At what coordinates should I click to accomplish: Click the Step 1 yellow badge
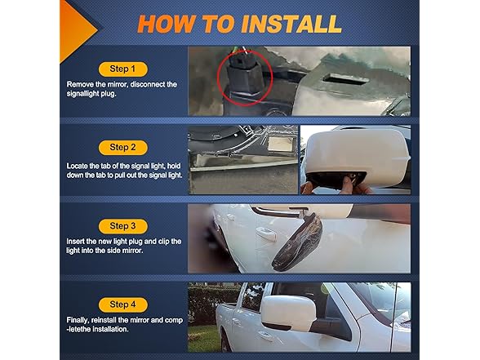(x=122, y=69)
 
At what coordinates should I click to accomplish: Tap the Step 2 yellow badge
(x=122, y=148)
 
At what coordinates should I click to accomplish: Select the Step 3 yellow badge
(x=122, y=226)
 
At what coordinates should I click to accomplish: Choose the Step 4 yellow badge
(x=122, y=305)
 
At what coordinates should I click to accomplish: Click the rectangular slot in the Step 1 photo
(x=346, y=78)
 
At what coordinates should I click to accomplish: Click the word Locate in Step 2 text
(x=77, y=167)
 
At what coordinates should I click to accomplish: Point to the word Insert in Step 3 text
(x=75, y=242)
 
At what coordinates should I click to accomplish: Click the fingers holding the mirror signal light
(x=347, y=185)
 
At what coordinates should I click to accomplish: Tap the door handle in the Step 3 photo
(x=266, y=234)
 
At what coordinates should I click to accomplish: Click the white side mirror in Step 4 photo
(x=288, y=312)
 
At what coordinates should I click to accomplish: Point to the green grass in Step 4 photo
(x=203, y=339)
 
